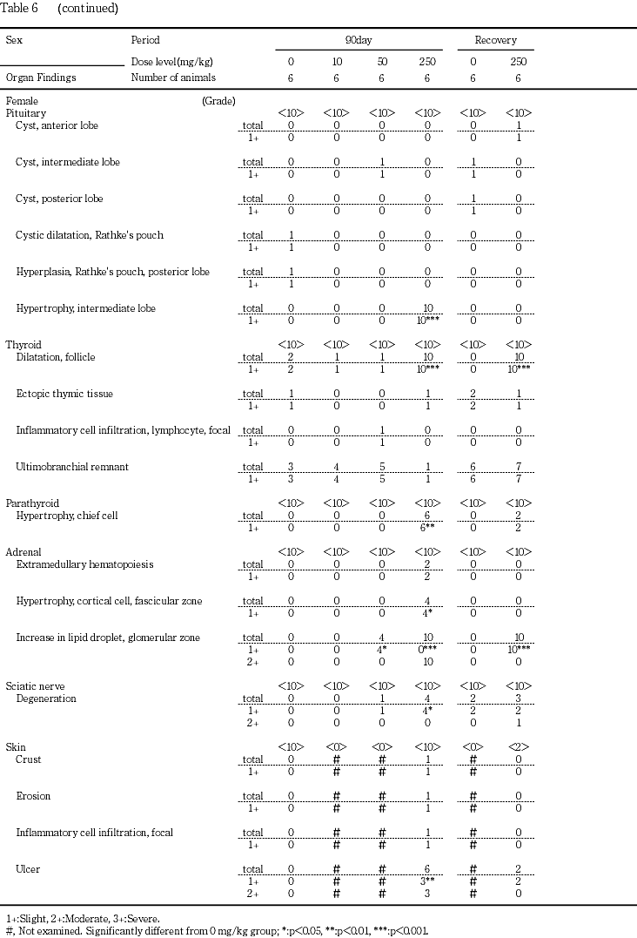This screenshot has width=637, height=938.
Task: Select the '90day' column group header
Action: pos(359,40)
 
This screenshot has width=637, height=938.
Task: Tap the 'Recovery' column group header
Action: pos(495,40)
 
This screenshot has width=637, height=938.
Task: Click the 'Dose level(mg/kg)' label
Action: pos(171,62)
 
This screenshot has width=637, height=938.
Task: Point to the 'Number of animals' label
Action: pos(172,78)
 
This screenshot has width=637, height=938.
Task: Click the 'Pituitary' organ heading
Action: pos(26,113)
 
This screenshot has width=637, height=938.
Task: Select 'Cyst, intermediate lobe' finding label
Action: pos(68,162)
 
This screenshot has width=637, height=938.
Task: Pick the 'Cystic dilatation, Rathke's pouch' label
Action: pos(90,235)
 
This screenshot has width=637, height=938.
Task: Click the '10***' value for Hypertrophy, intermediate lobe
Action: pos(429,321)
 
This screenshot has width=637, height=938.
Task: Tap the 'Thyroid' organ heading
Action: pos(23,345)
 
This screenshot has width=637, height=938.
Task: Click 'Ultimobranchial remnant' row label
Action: pos(72,467)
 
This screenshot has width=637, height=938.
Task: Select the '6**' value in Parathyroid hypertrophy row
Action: pos(429,528)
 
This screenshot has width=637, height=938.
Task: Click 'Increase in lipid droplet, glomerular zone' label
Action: pos(108,638)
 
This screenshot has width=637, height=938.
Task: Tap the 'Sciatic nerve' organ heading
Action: pos(35,686)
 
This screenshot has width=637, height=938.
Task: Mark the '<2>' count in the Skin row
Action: pos(519,747)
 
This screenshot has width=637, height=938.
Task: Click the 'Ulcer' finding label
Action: pos(29,869)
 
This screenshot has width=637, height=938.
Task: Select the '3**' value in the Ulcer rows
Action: pos(429,881)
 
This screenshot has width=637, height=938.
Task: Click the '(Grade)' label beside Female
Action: pos(218,101)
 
